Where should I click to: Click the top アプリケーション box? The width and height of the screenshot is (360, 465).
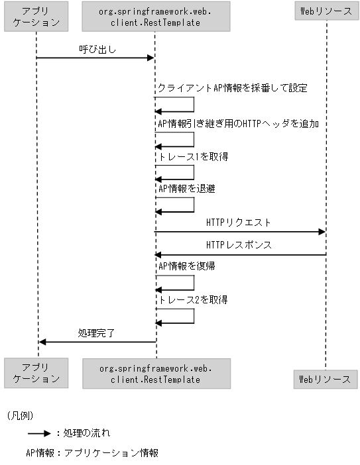[36, 17]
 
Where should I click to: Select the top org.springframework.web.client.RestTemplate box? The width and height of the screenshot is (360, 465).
[154, 17]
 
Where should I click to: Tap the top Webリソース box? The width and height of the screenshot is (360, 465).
[326, 11]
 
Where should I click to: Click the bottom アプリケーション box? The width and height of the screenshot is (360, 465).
[36, 373]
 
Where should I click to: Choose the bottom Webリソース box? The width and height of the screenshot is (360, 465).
[325, 379]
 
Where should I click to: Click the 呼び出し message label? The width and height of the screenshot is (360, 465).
[95, 48]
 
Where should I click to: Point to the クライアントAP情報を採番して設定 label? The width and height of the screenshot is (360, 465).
[232, 88]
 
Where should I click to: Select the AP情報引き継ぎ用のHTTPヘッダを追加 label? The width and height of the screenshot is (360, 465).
[239, 123]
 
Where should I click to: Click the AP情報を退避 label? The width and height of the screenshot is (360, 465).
[186, 189]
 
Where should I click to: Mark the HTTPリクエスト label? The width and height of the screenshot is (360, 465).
[238, 223]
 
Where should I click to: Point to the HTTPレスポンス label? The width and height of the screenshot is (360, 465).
[238, 245]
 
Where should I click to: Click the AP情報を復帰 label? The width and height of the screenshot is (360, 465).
[186, 266]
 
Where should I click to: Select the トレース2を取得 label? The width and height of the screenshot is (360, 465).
[193, 300]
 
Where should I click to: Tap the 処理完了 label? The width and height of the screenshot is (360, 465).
[96, 333]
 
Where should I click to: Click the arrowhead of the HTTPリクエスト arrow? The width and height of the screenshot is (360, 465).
[322, 232]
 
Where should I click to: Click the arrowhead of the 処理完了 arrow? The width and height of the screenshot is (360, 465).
[42, 342]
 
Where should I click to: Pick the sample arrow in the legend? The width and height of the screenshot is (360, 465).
[39, 433]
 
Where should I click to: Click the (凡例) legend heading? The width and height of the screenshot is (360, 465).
[20, 415]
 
